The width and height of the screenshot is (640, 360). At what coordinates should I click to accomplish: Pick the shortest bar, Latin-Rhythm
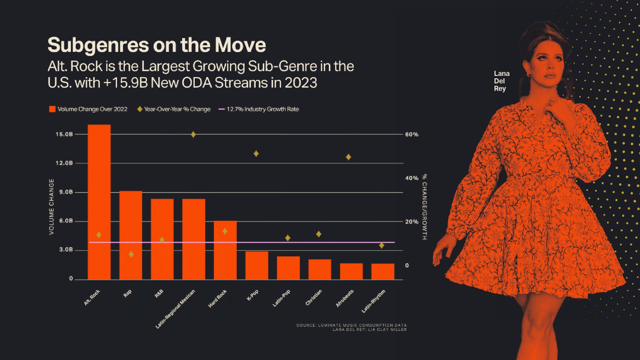pyautogui.click(x=383, y=271)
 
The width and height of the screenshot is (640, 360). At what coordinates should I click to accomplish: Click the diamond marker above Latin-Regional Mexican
pyautogui.click(x=193, y=134)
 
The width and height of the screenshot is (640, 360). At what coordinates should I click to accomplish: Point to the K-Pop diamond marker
pyautogui.click(x=256, y=154)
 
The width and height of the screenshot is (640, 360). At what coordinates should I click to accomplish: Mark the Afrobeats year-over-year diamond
pyautogui.click(x=348, y=157)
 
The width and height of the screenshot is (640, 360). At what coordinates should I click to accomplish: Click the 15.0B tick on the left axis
pyautogui.click(x=64, y=134)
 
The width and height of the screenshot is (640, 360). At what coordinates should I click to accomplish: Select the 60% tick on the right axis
pyautogui.click(x=412, y=134)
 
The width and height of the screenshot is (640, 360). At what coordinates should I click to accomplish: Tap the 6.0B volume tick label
pyautogui.click(x=66, y=221)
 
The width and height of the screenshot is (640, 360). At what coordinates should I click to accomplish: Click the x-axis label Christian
pyautogui.click(x=314, y=297)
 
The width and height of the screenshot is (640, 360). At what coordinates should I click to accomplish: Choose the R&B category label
pyautogui.click(x=159, y=293)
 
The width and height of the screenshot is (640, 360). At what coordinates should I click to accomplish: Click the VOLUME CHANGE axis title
pyautogui.click(x=52, y=207)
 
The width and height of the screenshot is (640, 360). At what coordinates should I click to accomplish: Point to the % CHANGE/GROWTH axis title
pyautogui.click(x=425, y=207)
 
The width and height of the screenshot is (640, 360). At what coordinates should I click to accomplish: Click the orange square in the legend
pyautogui.click(x=52, y=109)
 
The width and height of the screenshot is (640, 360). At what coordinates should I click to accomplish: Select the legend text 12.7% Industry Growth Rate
pyautogui.click(x=263, y=109)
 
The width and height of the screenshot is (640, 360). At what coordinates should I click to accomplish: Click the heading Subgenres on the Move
pyautogui.click(x=157, y=45)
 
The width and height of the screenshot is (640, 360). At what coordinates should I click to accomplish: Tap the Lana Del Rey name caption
pyautogui.click(x=501, y=81)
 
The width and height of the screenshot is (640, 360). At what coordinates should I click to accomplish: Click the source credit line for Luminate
pyautogui.click(x=351, y=325)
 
